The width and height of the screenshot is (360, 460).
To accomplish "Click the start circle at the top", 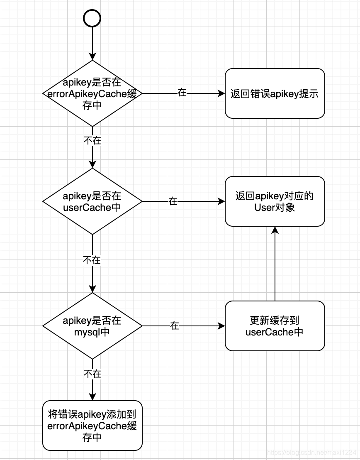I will click(92, 18).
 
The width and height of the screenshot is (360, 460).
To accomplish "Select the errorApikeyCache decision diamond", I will click(92, 93).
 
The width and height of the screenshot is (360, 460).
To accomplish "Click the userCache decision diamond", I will click(92, 201).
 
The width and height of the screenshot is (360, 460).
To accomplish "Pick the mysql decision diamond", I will click(92, 326).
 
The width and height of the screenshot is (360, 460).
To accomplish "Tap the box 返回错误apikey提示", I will click(275, 93).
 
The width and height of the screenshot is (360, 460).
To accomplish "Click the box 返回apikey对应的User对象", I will click(275, 201).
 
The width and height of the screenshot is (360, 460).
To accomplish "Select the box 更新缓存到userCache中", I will click(275, 326).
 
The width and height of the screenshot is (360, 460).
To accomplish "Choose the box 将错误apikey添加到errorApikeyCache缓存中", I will click(92, 426).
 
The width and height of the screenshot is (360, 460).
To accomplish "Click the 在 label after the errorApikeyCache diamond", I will click(182, 93).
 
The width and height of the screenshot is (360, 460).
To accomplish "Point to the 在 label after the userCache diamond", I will click(173, 201).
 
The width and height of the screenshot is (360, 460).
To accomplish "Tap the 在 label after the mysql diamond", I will click(175, 326).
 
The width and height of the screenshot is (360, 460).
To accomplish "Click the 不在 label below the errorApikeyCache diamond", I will click(92, 140).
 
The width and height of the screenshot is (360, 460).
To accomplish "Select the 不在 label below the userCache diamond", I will click(92, 260).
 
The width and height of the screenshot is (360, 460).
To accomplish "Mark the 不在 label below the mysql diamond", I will click(92, 374).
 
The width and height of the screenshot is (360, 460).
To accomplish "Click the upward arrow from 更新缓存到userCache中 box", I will click(275, 266).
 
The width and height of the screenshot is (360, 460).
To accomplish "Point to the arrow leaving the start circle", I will click(92, 44).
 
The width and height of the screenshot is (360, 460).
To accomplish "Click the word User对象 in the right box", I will click(275, 207).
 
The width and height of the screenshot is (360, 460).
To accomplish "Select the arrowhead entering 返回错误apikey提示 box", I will click(221, 93).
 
